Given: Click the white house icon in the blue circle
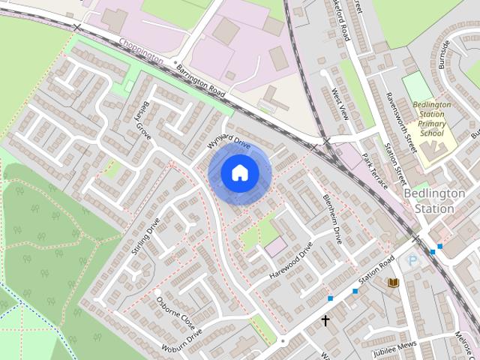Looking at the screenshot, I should (x=239, y=173).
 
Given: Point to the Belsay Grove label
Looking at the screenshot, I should (x=143, y=120).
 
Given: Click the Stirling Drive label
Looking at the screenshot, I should (x=145, y=236).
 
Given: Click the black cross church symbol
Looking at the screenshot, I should (x=325, y=321).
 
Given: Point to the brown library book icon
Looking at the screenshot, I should (x=392, y=282).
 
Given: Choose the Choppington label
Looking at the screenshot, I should (x=141, y=55).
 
